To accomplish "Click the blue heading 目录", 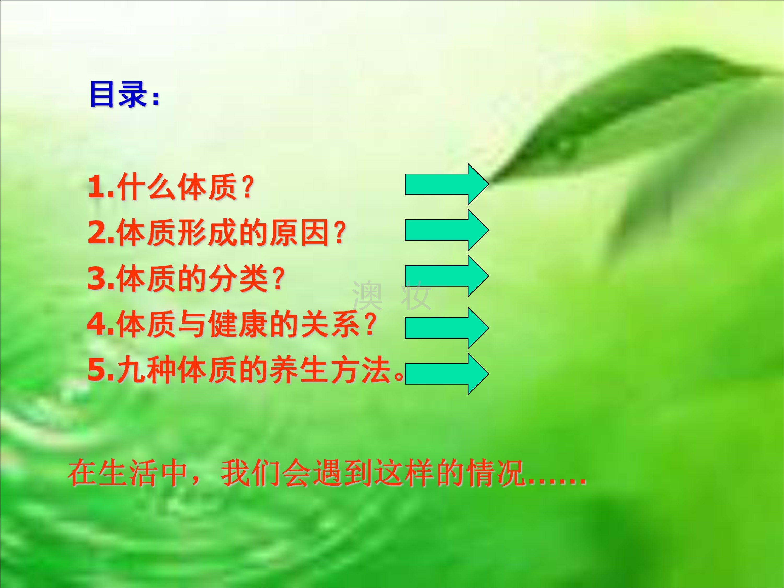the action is pos(118,94).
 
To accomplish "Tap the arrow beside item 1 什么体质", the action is pos(447,184).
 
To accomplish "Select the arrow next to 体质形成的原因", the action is pos(447,230).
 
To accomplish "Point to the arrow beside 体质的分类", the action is pos(447,276).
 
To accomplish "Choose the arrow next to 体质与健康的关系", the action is pos(447,328).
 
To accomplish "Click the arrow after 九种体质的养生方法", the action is pos(447,373).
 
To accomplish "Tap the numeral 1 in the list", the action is pos(97,187).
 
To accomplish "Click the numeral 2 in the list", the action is pos(97,233).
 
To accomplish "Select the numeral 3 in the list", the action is pos(97,278).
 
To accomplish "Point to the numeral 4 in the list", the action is pos(97,324).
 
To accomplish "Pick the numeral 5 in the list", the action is pos(97,370).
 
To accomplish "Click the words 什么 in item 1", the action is pos(146,187).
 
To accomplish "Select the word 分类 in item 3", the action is pos(238,278).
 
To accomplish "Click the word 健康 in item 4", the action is pos(238,324).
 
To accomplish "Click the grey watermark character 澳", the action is pos(367,295).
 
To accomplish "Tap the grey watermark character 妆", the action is pos(416,295).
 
